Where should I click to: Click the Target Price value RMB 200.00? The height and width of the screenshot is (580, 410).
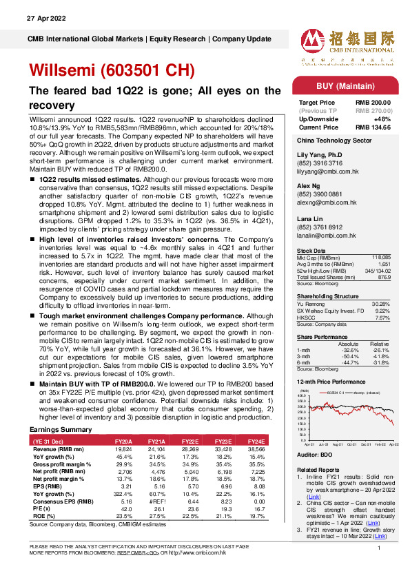tap(373, 103)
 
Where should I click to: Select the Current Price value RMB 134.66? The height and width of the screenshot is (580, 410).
tap(373, 127)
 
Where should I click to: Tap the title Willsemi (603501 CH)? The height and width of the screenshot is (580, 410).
tap(112, 70)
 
